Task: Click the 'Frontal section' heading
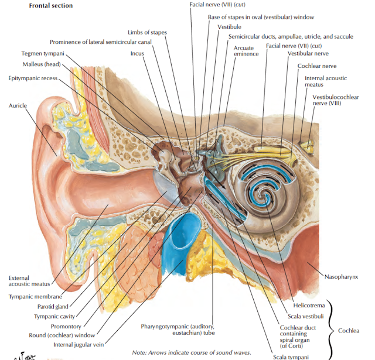(51, 6)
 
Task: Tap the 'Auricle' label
(18, 106)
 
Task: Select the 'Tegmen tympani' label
(43, 54)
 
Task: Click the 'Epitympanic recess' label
(33, 78)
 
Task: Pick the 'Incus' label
(137, 53)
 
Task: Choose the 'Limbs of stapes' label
(147, 32)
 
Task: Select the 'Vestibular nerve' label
(307, 53)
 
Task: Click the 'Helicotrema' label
(305, 305)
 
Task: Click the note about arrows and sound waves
(192, 352)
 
